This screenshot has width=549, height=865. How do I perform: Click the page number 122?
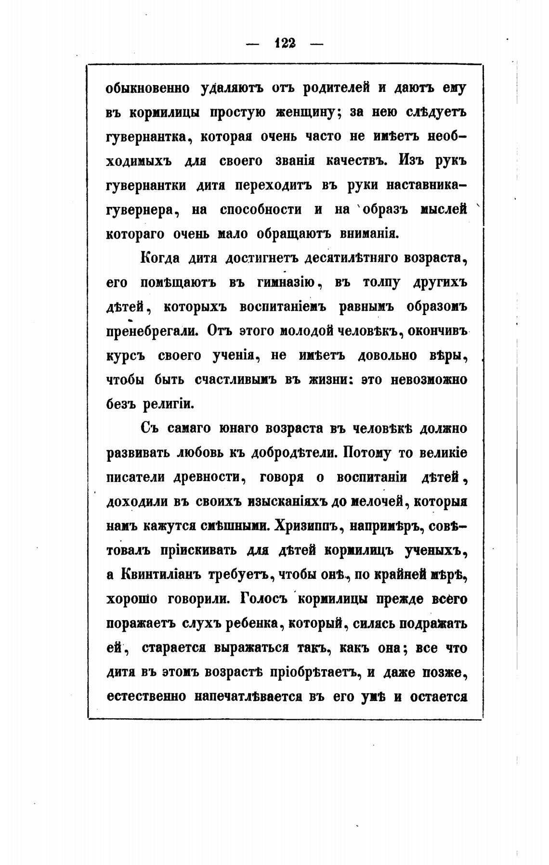[x=284, y=44]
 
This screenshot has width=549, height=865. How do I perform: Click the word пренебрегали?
[x=151, y=332]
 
